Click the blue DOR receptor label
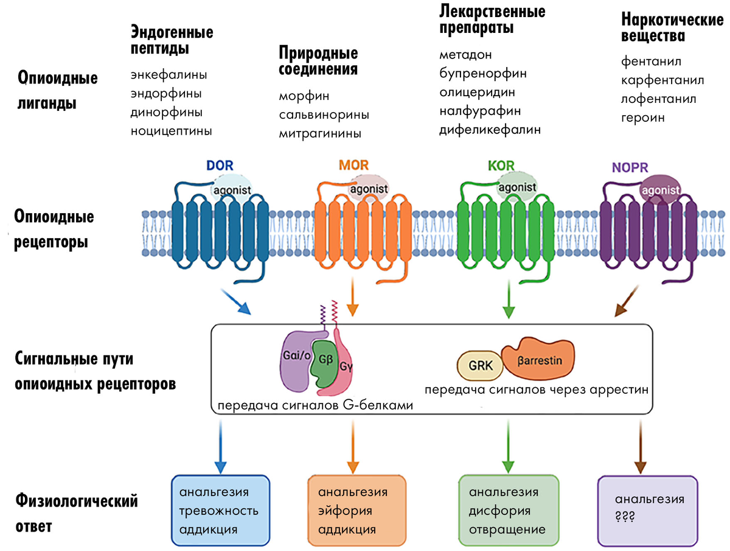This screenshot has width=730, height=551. tap(220, 165)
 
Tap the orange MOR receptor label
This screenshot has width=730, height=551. tap(353, 164)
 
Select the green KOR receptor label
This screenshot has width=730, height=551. tap(501, 164)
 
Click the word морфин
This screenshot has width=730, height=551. tap(304, 97)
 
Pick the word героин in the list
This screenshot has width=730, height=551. tap(643, 118)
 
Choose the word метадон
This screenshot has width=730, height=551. tap(465, 55)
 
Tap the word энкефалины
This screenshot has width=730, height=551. tap(169, 75)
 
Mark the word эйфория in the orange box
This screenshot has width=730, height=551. tap(345, 511)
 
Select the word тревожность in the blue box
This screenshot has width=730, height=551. tap(219, 511)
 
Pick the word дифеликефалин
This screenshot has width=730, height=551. tap(490, 130)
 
